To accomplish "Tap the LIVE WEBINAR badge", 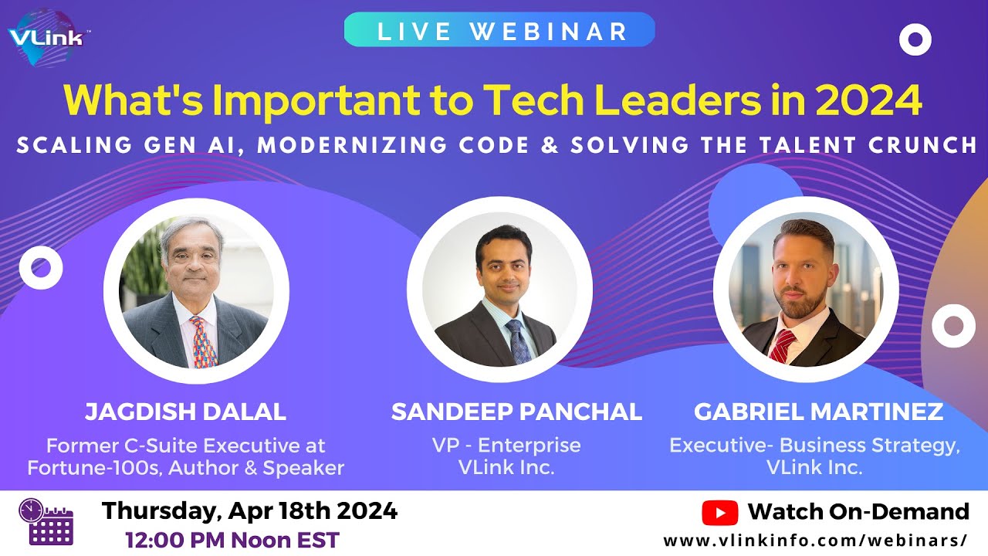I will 499,30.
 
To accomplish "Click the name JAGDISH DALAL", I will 185,412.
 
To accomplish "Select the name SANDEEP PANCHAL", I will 516,412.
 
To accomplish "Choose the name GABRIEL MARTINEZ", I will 818,412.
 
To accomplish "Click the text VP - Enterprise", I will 507,446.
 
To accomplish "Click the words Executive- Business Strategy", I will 814,446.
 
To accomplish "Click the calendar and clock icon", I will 46,522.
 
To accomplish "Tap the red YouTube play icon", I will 719,512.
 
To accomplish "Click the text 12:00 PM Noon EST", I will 232,540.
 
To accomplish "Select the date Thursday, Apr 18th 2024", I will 250,510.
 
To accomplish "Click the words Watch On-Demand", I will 858,512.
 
